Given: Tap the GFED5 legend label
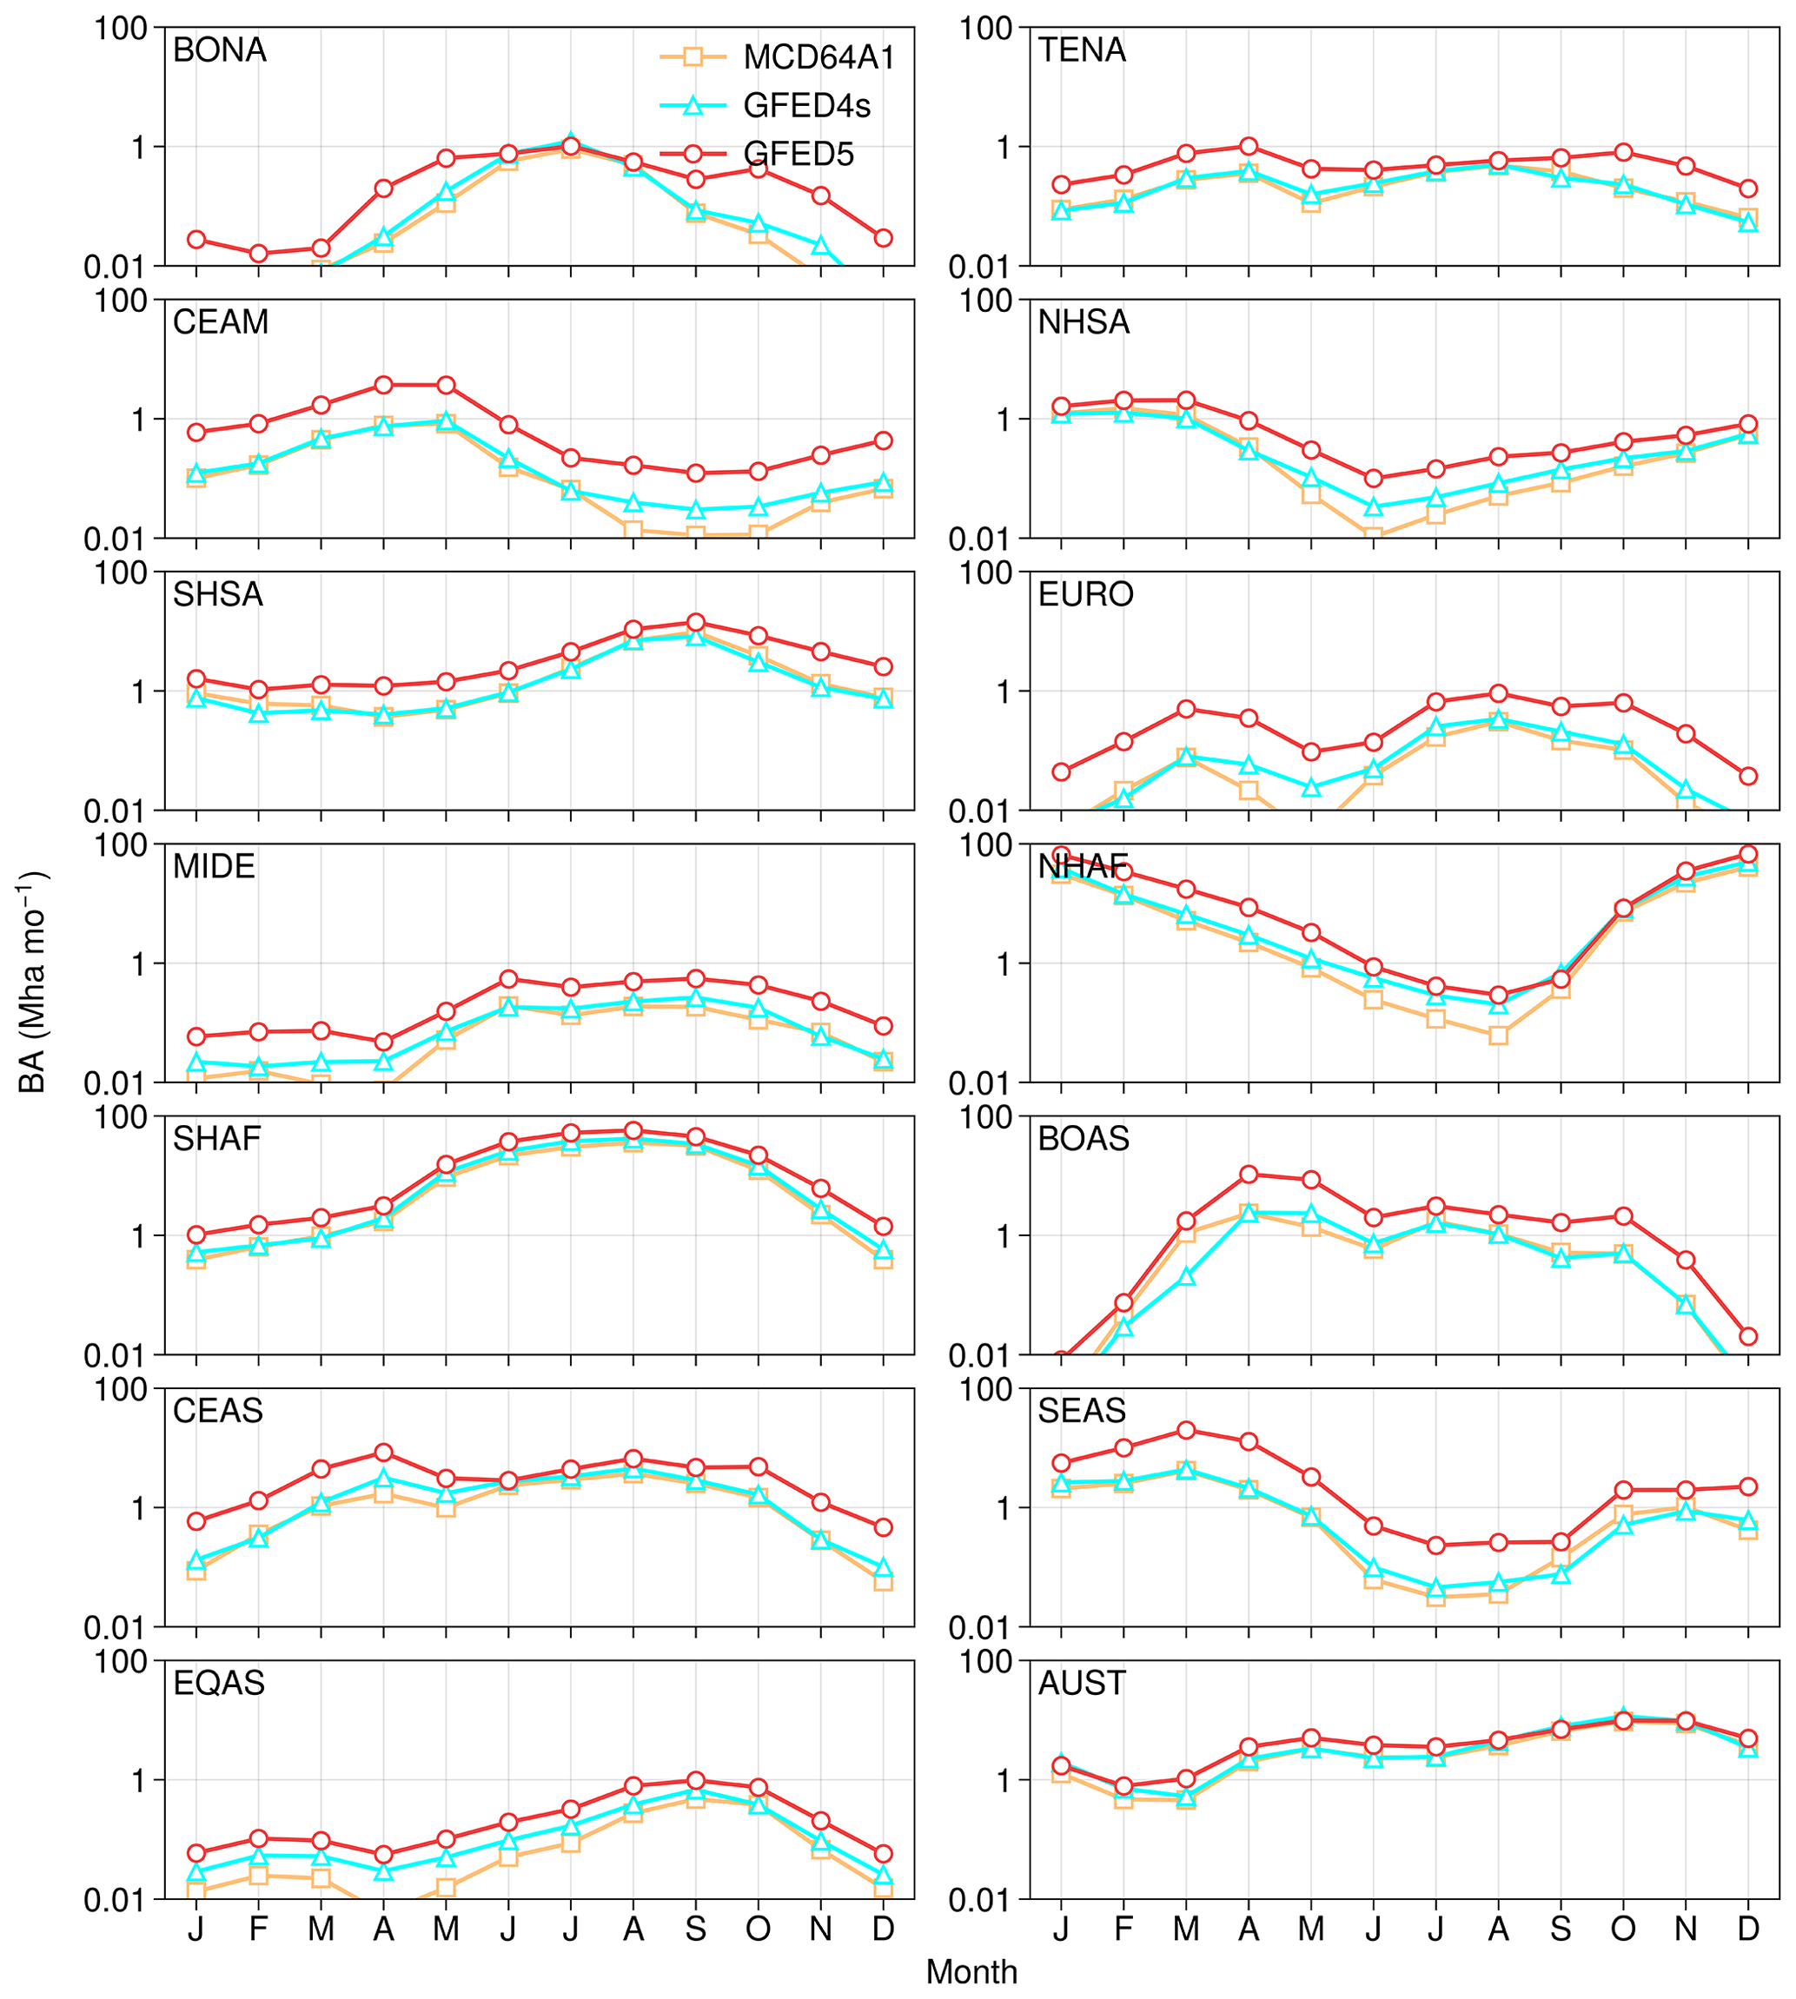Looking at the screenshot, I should (799, 154).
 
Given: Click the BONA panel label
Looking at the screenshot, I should (219, 50).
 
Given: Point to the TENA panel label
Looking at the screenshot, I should (1082, 50).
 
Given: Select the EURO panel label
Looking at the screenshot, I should (1085, 594).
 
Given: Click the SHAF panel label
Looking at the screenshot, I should (217, 1139).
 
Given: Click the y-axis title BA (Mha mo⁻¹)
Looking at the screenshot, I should (34, 982).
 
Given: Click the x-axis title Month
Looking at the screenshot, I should (971, 1971).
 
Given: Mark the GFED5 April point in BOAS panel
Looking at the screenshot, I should (1249, 1175).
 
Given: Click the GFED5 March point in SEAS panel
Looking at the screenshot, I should (1186, 1430).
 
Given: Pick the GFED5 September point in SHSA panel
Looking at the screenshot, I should (696, 623).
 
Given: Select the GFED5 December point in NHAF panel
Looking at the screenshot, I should (1747, 855).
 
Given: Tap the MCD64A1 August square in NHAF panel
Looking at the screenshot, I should (1498, 1035).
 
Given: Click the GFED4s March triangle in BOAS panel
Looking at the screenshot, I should (1186, 1277).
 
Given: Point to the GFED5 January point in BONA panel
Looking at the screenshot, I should (196, 240).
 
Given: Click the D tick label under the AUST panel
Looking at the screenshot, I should (1747, 1929).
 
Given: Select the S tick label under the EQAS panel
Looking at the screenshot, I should (696, 1929).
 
